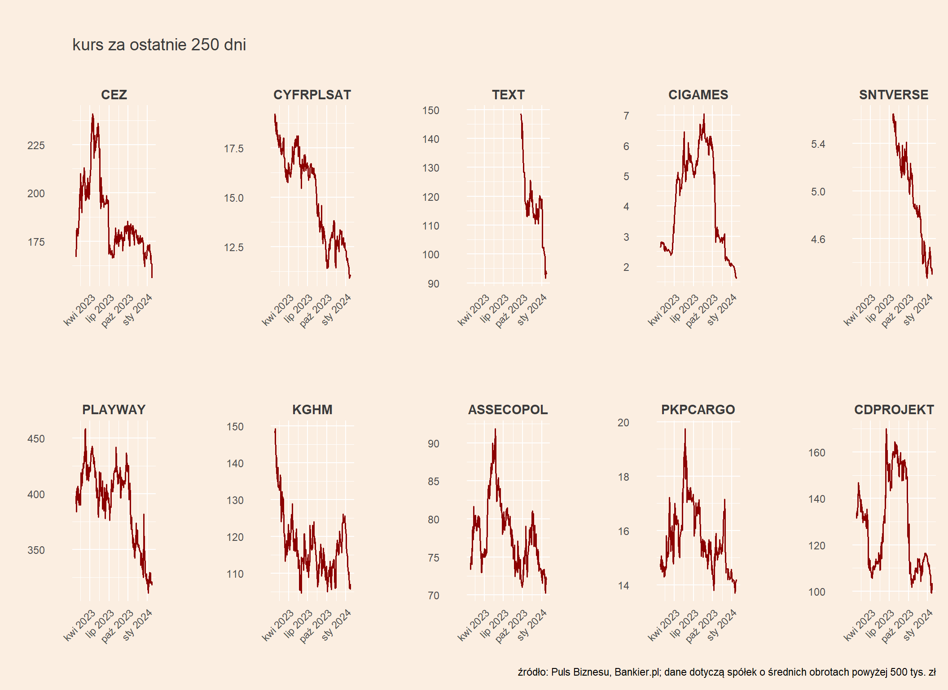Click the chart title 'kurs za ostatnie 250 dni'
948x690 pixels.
coord(159,45)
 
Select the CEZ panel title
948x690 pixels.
coord(114,95)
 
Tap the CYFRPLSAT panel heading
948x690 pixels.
coord(312,95)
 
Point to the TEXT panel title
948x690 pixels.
coord(508,95)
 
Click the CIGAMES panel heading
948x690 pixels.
coord(698,95)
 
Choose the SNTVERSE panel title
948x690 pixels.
coord(893,95)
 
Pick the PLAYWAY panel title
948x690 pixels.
coord(114,410)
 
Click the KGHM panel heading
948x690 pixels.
coord(312,410)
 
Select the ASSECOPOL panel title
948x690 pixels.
coord(508,410)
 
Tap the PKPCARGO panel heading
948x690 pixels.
coord(698,410)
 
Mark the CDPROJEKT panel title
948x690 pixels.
coord(893,410)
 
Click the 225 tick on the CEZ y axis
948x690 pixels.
coord(36,146)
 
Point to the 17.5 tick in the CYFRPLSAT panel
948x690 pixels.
coord(233,149)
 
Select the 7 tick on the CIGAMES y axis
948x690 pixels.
coord(626,116)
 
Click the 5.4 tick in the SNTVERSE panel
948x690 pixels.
coord(818,144)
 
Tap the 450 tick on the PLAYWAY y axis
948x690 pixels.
coord(36,439)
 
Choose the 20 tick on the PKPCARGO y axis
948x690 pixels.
coord(623,423)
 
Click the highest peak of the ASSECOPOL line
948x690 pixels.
coord(495,429)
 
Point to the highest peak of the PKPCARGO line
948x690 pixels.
coord(685,429)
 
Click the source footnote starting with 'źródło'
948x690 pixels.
coord(726,672)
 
